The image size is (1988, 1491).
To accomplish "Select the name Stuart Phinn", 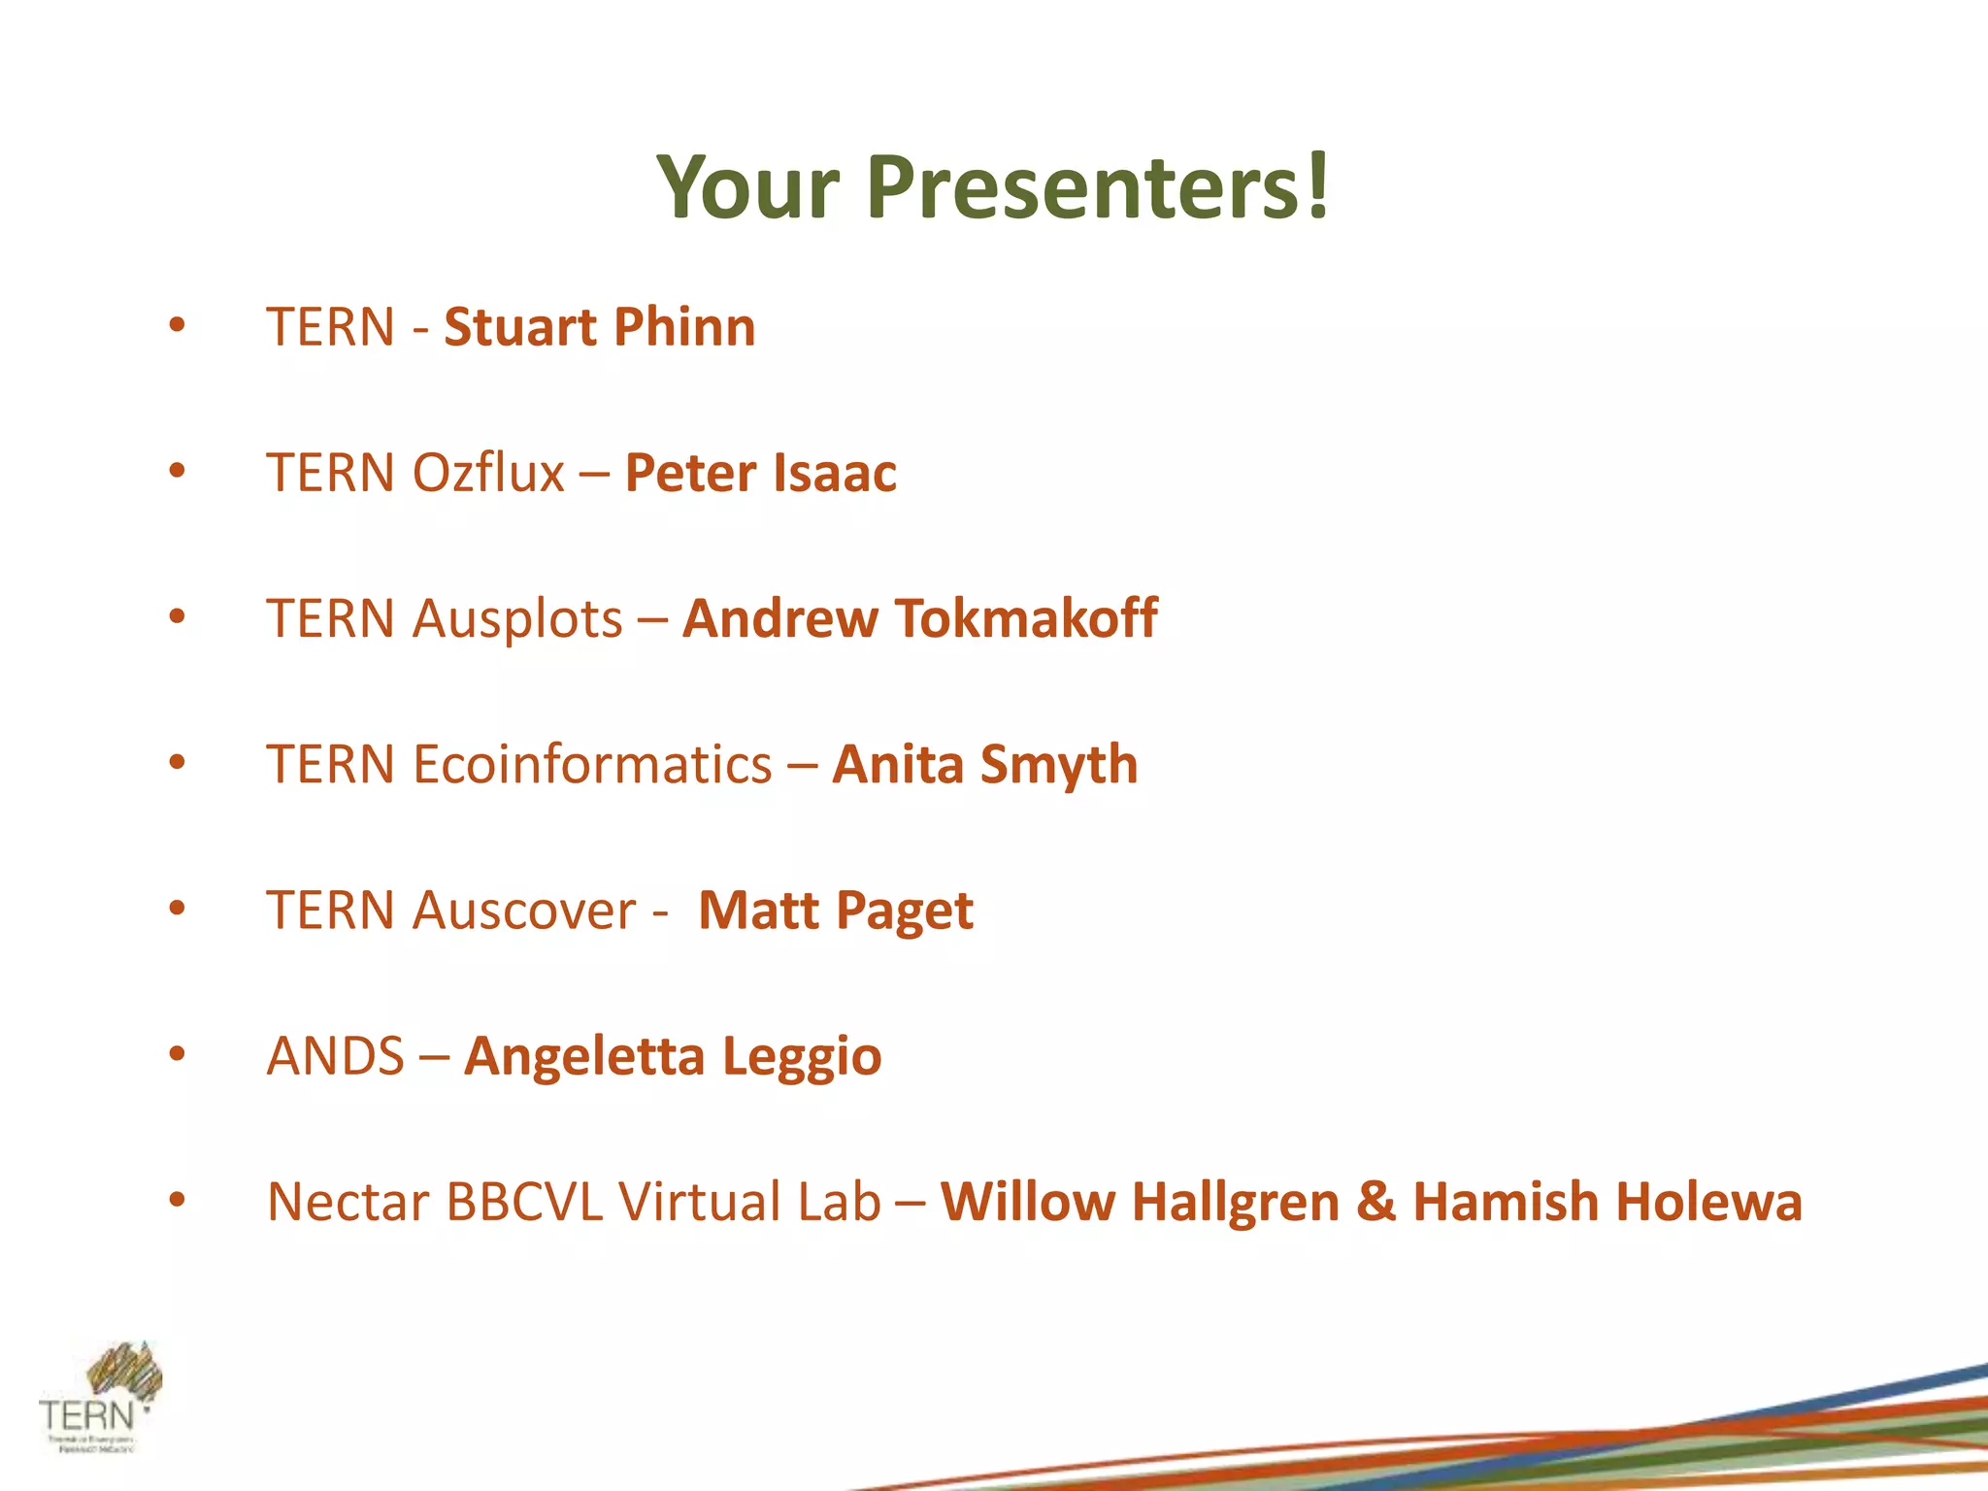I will (599, 327).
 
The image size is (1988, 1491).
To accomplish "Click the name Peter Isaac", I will (760, 473).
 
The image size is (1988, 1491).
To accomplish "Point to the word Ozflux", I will (488, 473).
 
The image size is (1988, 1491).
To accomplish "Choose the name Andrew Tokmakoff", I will (919, 618).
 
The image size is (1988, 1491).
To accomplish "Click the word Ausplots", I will (516, 618).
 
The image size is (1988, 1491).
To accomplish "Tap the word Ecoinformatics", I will (592, 764).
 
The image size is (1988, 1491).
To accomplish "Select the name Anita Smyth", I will (984, 764).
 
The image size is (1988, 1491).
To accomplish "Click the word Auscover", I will (524, 911).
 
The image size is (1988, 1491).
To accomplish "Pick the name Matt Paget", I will (835, 911).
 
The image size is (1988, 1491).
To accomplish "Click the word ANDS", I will (335, 1056).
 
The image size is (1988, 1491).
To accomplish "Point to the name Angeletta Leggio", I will (673, 1056).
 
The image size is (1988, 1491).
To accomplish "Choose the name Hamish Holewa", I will (1607, 1202).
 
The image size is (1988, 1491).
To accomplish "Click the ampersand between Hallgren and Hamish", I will (1375, 1202).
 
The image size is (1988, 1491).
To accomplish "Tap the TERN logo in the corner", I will (100, 1398).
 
